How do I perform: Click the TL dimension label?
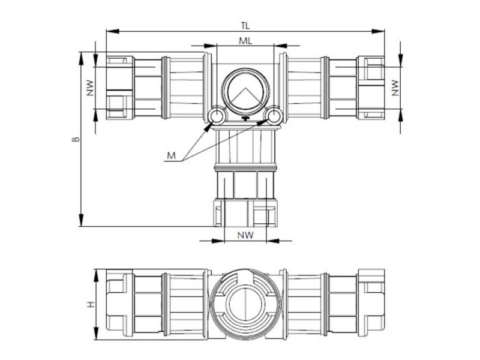click(245, 26)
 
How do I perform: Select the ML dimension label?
click(245, 41)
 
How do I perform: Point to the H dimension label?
click(91, 304)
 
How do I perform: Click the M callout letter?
click(172, 156)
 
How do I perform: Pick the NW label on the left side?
click(89, 88)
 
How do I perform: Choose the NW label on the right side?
click(395, 88)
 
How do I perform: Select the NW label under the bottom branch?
click(245, 235)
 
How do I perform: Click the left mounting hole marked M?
click(217, 116)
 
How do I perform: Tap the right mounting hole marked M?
click(274, 116)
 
